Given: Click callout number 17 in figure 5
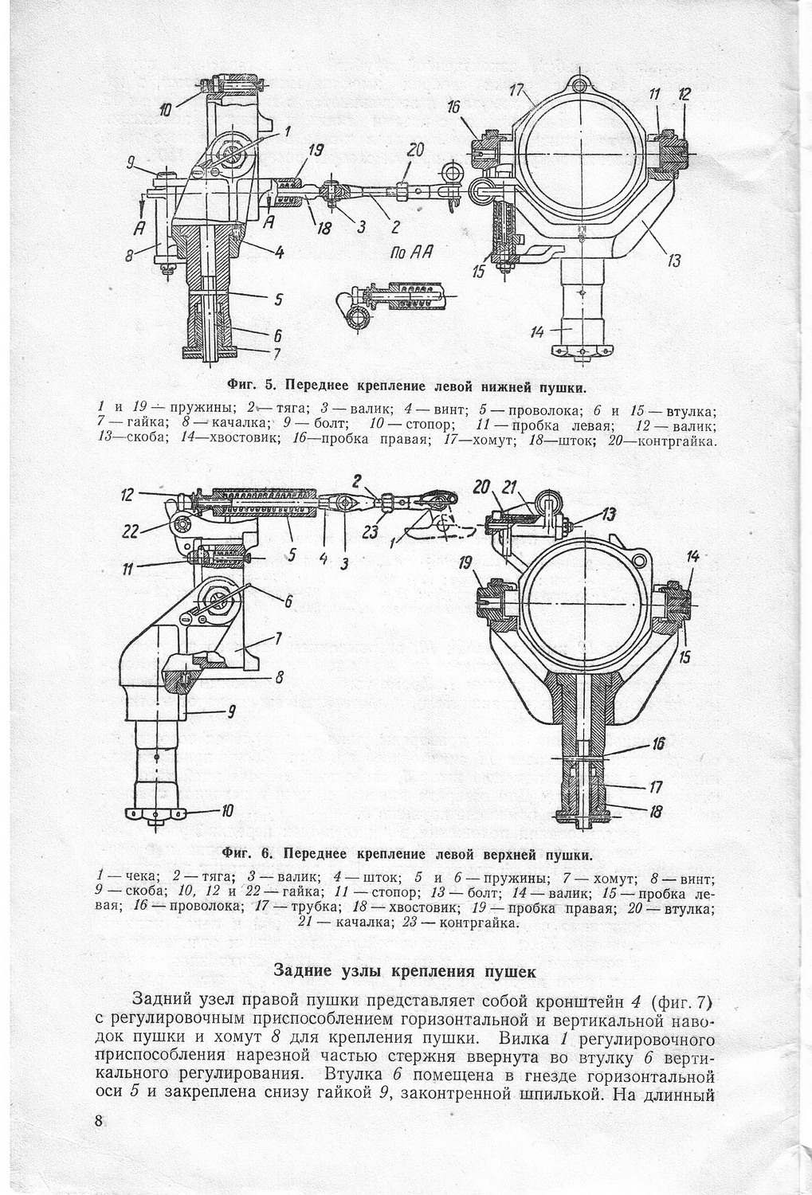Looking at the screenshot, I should tap(517, 90).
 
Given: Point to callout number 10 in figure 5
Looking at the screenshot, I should tap(165, 110).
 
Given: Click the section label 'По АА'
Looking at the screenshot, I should tap(412, 253).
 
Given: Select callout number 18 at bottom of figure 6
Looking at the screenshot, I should tap(656, 813).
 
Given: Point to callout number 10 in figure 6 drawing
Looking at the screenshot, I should tap(226, 811).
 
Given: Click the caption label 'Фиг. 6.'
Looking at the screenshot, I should tap(248, 855).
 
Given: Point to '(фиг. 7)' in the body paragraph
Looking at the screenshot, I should tap(680, 1001).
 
